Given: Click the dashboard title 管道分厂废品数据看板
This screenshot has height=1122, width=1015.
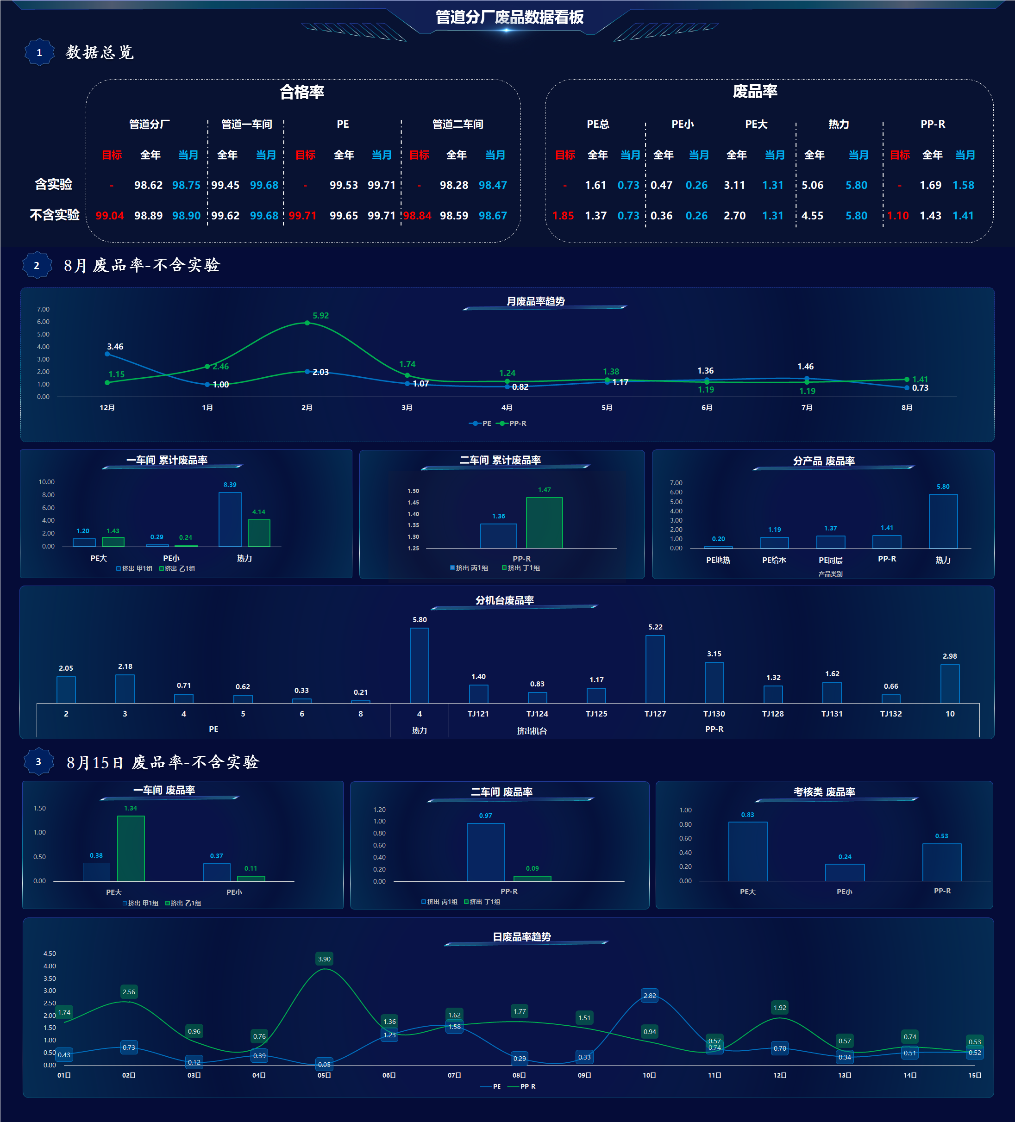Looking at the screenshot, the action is point(509,17).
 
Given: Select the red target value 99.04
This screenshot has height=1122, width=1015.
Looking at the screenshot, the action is point(110,215).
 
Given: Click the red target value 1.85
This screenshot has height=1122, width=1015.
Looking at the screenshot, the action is point(563,215).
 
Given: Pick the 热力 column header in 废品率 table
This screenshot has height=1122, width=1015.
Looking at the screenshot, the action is point(839,124).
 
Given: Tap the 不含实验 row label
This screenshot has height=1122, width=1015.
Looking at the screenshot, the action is point(55,215).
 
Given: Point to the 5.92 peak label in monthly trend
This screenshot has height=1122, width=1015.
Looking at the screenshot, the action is point(321,316).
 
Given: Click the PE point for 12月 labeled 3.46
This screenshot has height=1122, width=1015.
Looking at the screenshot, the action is point(107,354).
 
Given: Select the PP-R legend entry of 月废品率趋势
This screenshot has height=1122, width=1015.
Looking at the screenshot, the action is point(512,424).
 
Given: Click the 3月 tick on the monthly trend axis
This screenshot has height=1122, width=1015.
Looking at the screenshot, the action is point(407,408).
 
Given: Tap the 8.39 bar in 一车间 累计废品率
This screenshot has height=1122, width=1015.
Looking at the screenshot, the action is point(230,519).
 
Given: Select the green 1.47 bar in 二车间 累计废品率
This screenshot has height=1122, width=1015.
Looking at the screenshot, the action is point(545,523).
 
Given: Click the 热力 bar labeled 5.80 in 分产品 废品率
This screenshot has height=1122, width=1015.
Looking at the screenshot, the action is point(943,522).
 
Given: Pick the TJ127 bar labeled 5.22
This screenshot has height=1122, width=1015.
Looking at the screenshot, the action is point(655,669).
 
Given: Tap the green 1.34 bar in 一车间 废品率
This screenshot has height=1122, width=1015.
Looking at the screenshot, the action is point(131,849).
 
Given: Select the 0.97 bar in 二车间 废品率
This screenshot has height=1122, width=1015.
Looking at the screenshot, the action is point(486,853).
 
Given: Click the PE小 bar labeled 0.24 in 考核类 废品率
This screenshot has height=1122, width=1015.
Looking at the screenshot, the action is point(845,873).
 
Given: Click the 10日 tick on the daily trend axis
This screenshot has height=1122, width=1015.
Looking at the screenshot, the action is point(649,1075).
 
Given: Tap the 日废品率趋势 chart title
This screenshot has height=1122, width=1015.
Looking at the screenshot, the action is point(522,937).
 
